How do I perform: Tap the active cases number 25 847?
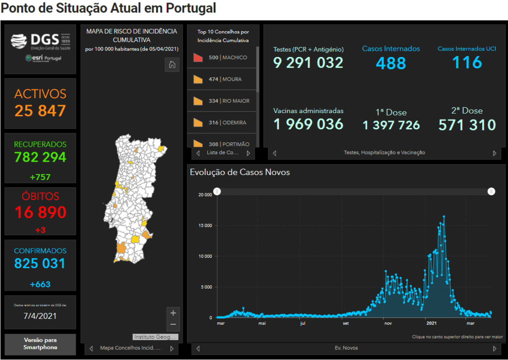click(x=40, y=111)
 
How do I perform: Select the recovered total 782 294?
click(x=40, y=157)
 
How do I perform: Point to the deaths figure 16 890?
click(x=40, y=212)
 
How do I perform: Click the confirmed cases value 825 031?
click(x=40, y=263)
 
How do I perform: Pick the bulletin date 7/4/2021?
click(x=40, y=316)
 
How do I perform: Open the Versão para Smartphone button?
click(x=40, y=344)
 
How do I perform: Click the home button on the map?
click(x=172, y=65)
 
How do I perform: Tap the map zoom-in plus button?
click(x=173, y=313)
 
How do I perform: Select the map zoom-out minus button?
click(x=173, y=324)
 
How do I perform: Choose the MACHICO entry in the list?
click(x=222, y=58)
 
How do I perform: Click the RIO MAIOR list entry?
click(x=222, y=101)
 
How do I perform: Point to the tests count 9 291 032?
click(x=308, y=62)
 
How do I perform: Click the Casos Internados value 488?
click(x=391, y=63)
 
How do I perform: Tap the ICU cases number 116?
click(x=467, y=62)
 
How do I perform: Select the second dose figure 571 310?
click(x=467, y=125)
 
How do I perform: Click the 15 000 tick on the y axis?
click(x=205, y=226)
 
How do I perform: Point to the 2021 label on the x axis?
click(x=431, y=323)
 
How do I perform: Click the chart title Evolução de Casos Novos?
click(x=240, y=173)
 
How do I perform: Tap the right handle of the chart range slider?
click(x=491, y=191)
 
